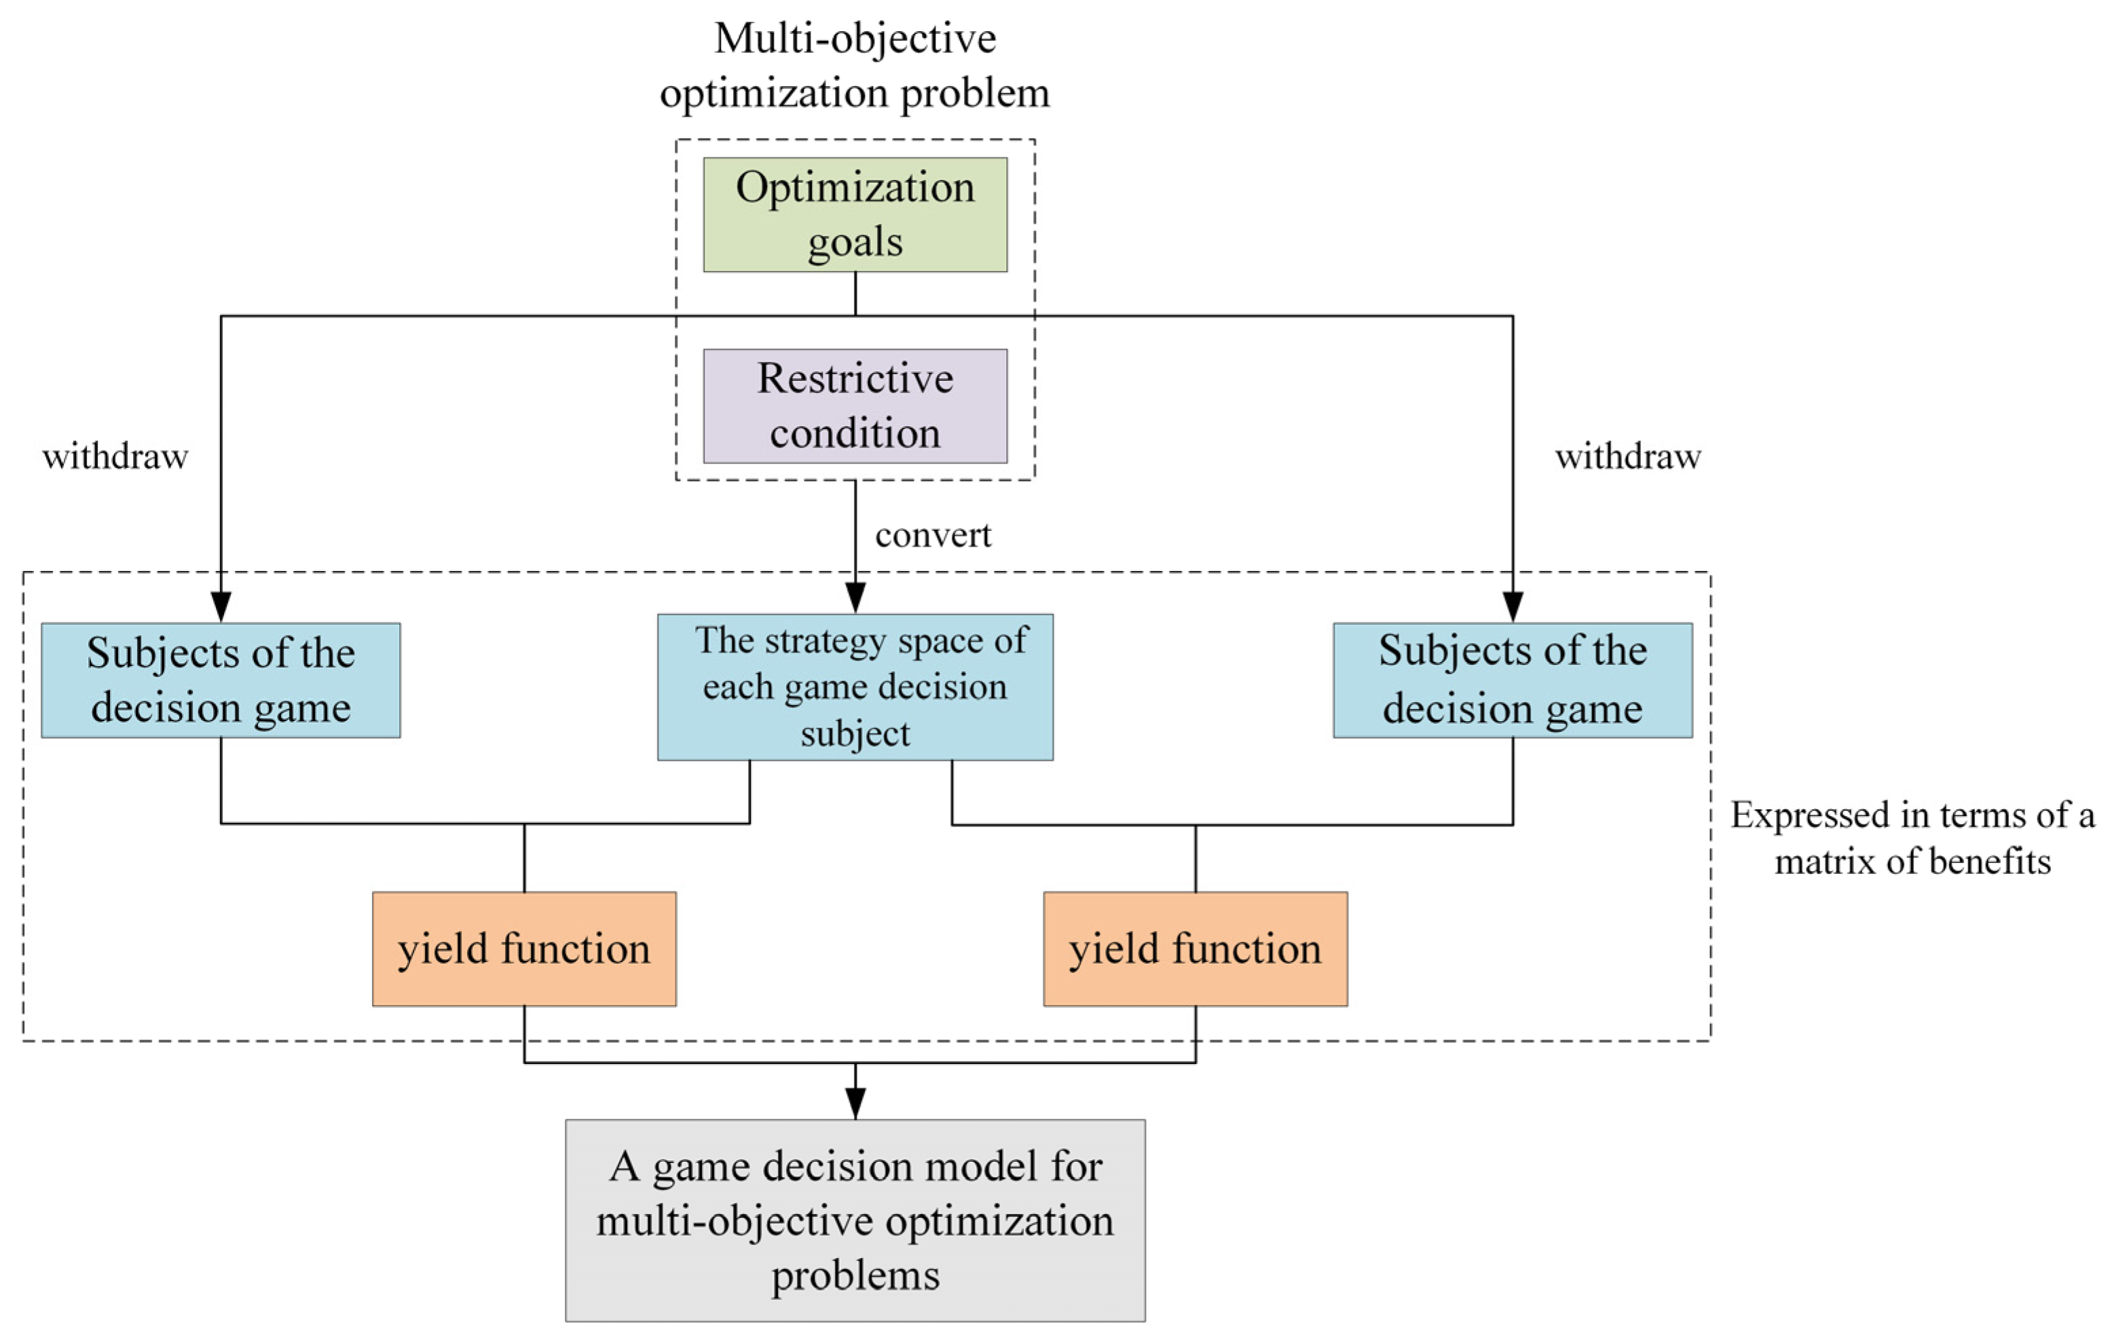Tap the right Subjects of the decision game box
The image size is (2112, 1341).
[1512, 680]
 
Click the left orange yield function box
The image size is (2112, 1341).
[523, 949]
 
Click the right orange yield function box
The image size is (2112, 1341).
[1195, 949]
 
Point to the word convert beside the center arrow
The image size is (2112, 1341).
[932, 535]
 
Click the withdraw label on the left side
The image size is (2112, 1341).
[115, 457]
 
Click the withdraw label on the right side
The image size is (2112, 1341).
[1627, 457]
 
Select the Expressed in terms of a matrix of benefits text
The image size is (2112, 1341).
[1912, 838]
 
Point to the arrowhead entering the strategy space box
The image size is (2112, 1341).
[855, 598]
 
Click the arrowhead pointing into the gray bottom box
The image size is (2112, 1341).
[855, 1103]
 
